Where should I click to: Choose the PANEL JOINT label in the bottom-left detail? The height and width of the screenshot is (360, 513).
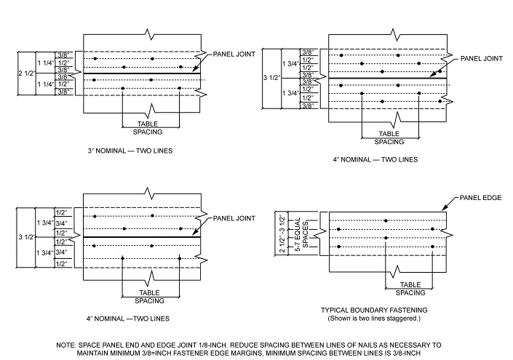pos(230,219)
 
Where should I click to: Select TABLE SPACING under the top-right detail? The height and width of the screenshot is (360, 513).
pos(389,138)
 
